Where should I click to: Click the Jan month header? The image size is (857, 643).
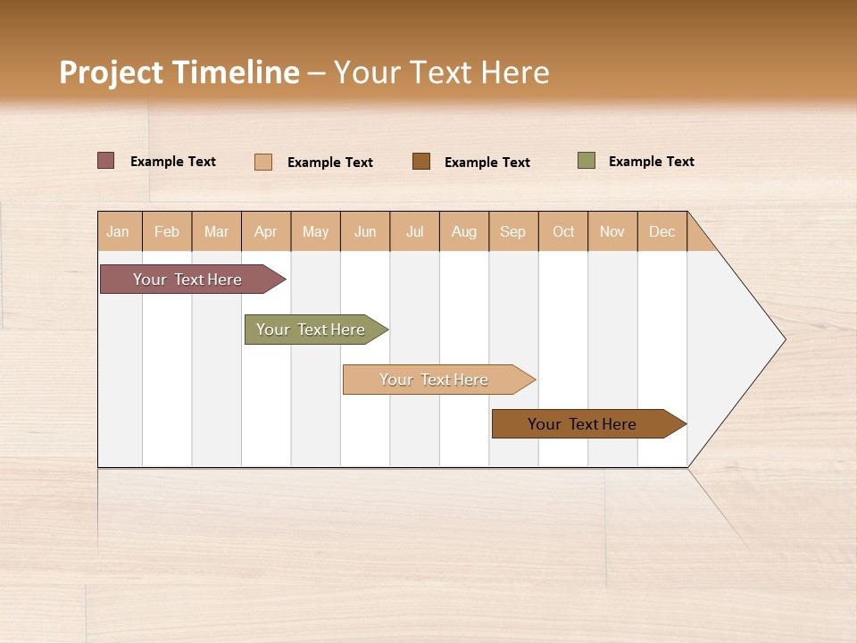pos(119,231)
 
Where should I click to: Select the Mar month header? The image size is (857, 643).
pos(216,231)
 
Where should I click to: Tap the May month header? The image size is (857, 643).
pos(315,231)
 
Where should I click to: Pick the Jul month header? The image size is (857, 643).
pos(414,231)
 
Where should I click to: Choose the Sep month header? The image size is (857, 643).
pos(512,231)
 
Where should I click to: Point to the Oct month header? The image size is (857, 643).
pos(563,231)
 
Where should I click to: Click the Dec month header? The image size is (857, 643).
pos(661,231)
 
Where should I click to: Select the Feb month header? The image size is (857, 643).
pos(167,231)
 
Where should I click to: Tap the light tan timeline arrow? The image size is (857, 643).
pos(435,380)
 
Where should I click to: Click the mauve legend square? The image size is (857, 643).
pos(105,161)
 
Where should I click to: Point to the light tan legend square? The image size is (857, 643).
pos(263,162)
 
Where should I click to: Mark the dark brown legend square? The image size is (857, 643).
pos(421,161)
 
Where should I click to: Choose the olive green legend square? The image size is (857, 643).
pos(587,161)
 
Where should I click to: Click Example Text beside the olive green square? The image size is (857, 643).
pos(651,162)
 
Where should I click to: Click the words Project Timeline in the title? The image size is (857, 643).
pos(179,72)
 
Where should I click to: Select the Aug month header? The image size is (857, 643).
pos(463,231)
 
